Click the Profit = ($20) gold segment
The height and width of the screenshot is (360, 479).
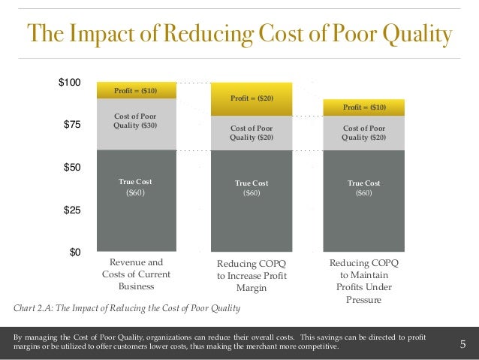[252, 98]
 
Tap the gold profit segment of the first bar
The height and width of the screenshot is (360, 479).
[136, 90]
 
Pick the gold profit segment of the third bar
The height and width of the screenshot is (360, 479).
[364, 107]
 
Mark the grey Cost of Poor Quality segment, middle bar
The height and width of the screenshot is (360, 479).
[252, 133]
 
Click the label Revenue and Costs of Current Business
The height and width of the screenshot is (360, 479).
[136, 274]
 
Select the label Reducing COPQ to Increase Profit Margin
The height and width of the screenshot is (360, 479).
[252, 275]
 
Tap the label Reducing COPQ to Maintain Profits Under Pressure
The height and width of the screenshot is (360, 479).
[364, 281]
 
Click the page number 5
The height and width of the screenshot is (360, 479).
[462, 345]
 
